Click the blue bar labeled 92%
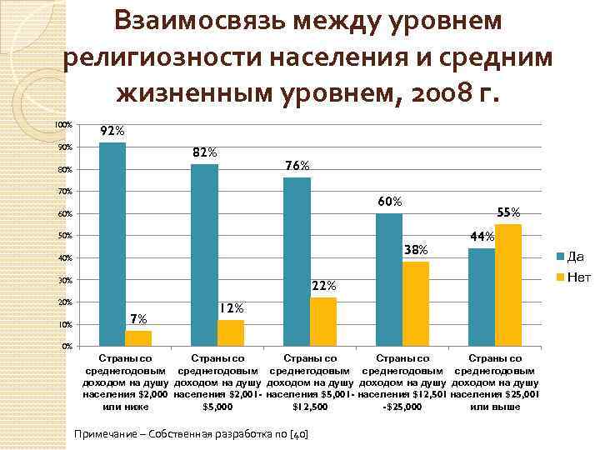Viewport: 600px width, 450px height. point(112,243)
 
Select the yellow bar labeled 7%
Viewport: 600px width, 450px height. point(138,337)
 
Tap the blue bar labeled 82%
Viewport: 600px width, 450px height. point(205,254)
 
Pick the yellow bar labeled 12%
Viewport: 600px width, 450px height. point(231,332)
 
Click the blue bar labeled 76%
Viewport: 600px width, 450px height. point(297,261)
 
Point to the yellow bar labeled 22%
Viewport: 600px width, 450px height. point(323,321)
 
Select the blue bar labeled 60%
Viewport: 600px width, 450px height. point(388,279)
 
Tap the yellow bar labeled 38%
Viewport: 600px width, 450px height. point(415,303)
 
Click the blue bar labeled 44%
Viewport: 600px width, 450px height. point(481,297)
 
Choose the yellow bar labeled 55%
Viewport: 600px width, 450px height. point(507,284)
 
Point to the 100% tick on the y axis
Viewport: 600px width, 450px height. point(63,125)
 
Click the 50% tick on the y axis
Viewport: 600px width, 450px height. point(65,236)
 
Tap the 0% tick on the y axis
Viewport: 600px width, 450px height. point(67,346)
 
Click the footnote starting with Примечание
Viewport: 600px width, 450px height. point(191,434)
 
